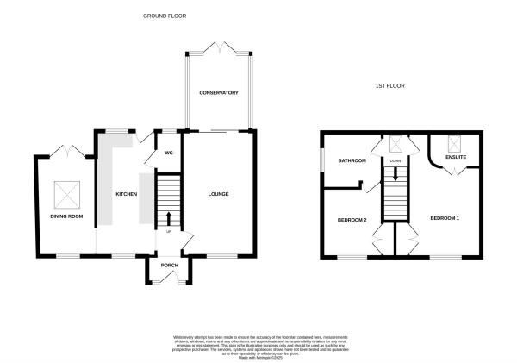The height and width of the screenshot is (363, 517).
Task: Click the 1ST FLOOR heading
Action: [389, 86]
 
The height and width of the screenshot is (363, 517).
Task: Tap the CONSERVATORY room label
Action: [218, 92]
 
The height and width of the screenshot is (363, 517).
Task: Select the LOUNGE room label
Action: [219, 194]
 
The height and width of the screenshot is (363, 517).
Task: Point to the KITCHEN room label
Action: [127, 194]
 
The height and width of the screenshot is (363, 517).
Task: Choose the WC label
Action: [169, 153]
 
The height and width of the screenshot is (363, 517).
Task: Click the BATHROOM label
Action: [352, 161]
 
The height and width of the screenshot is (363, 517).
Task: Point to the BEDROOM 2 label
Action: [352, 220]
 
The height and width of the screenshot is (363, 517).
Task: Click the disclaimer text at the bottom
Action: [258, 344]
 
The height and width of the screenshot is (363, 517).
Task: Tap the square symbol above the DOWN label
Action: [396, 145]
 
